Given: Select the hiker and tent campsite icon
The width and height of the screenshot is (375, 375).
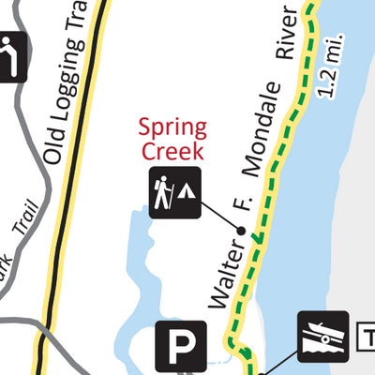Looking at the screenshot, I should point(174,193).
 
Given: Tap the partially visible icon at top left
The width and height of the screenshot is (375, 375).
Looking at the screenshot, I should point(11,56).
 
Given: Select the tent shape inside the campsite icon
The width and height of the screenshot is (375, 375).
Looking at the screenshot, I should point(187,191).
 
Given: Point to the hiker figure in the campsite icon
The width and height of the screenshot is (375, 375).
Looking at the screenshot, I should point(163,193).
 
